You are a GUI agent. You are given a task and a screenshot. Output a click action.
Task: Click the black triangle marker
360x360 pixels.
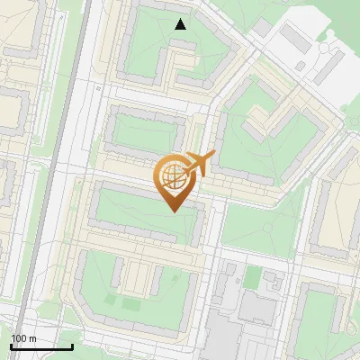click(x=181, y=24)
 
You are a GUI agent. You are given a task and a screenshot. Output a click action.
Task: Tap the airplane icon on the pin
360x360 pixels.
click(x=200, y=163)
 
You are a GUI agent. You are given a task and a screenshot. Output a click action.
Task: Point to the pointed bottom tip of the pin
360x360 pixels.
click(x=173, y=210)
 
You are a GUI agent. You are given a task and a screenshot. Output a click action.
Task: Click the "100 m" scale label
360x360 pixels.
click(x=23, y=338)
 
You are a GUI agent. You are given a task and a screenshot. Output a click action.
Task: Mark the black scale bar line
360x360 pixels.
click(x=40, y=346)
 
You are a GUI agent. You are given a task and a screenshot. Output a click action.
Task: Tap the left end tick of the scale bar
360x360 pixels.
click(x=10, y=345)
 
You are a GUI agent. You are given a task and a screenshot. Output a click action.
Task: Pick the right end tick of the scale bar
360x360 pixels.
click(x=72, y=345)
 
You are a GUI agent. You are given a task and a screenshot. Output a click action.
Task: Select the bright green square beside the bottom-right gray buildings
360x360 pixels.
click(x=254, y=277)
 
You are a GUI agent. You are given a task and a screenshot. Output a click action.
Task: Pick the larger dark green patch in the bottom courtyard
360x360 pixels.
click(x=131, y=304)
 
